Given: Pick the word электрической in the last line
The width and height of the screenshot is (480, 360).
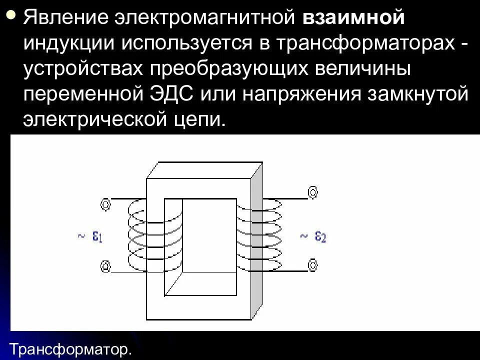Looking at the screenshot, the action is coord(95,120).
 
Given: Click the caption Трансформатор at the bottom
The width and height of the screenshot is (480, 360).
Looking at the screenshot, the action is coord(70,348).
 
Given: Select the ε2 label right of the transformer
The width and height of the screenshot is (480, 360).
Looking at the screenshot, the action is coord(320,236).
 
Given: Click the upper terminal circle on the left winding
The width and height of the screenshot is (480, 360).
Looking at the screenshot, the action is coord(105,203).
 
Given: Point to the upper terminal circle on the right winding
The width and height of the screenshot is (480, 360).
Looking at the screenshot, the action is coord(312,192).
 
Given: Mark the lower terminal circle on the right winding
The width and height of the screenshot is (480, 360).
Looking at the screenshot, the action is coord(312,264).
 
